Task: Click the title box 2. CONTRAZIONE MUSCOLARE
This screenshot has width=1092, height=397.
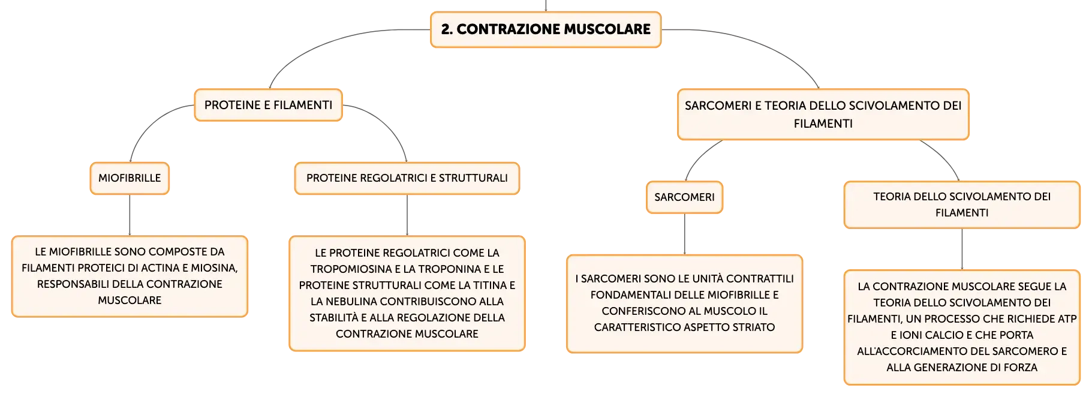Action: click(546, 29)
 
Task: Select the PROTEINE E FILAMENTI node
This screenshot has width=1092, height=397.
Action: click(268, 105)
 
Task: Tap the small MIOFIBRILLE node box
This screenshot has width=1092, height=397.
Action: click(130, 178)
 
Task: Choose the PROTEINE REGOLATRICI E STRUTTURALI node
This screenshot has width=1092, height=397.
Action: click(407, 178)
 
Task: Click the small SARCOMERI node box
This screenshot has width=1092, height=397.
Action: click(684, 197)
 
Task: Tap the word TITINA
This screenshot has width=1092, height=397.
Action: click(486, 285)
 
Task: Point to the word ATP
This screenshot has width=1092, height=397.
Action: click(1066, 319)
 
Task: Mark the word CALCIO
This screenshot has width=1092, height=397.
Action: click(942, 335)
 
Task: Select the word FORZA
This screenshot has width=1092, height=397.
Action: click(1021, 368)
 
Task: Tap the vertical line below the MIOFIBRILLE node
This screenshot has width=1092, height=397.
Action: click(130, 215)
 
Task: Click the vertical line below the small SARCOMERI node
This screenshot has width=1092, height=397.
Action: click(684, 234)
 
